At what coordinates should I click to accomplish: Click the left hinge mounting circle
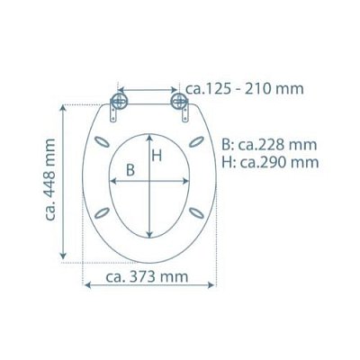pyautogui.click(x=119, y=101)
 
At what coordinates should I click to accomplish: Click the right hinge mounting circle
pyautogui.click(x=179, y=101)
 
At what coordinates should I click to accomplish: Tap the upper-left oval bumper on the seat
pyautogui.click(x=102, y=142)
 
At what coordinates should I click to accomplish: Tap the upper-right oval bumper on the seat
pyautogui.click(x=196, y=141)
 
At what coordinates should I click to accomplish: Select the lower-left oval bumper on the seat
pyautogui.click(x=102, y=212)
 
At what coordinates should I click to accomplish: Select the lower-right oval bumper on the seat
pyautogui.click(x=196, y=212)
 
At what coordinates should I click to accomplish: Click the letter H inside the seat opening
pyautogui.click(x=157, y=156)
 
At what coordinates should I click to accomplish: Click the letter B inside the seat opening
pyautogui.click(x=130, y=170)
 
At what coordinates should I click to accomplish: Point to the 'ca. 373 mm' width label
pyautogui.click(x=147, y=276)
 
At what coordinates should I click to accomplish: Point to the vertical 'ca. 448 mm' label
pyautogui.click(x=50, y=180)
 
